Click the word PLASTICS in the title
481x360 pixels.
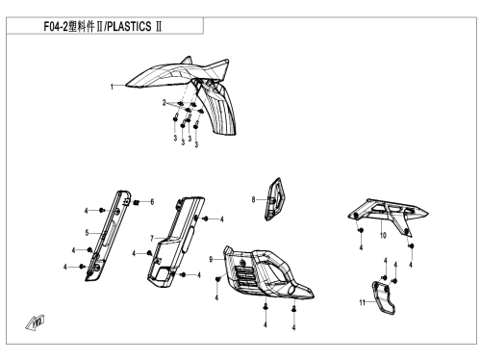tap(129, 26)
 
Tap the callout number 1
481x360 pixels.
tap(112, 87)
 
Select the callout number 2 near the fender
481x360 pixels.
tap(165, 103)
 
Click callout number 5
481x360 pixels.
tap(87, 233)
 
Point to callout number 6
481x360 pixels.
tap(152, 202)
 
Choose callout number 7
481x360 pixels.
tap(152, 239)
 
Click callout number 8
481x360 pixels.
tap(253, 200)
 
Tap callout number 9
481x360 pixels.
tap(211, 259)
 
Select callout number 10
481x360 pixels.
tap(383, 235)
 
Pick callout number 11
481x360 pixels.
tap(362, 302)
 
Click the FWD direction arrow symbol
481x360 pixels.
tap(35, 322)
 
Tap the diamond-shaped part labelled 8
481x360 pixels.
tap(274, 199)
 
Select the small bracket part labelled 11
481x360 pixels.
tap(384, 297)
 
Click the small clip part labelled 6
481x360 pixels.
tap(136, 202)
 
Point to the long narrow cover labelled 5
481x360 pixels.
tap(108, 235)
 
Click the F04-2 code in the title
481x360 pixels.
tap(56, 26)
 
